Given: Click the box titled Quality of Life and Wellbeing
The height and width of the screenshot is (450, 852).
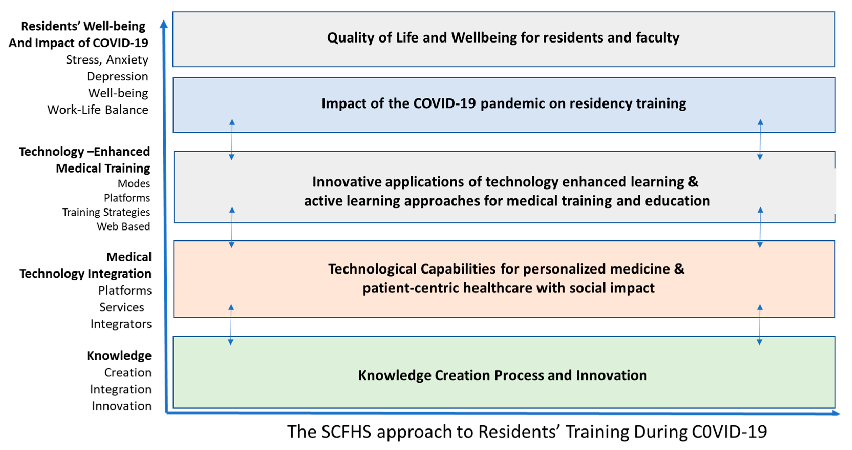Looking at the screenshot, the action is click(x=503, y=39).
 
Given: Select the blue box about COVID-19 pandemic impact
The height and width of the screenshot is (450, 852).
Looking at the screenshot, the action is click(x=504, y=105).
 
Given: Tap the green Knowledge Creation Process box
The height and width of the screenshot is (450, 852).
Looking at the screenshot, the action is click(x=504, y=372).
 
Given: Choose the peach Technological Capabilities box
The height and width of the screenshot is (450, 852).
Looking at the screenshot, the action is click(x=504, y=279).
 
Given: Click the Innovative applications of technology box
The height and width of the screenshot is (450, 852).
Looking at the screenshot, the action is click(x=504, y=187).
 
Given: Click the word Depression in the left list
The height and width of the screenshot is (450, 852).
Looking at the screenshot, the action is click(x=117, y=76).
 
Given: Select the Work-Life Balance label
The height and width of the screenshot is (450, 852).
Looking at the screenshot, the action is click(x=98, y=110).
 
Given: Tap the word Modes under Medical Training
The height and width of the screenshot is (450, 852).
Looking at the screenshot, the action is click(x=134, y=183).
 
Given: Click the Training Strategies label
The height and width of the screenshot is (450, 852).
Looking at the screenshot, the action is click(x=106, y=212).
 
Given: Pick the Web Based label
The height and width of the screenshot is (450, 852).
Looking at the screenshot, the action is click(x=123, y=226).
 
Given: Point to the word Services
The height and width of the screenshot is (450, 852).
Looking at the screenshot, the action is click(x=122, y=307).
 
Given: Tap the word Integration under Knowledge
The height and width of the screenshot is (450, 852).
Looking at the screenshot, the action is click(x=121, y=389).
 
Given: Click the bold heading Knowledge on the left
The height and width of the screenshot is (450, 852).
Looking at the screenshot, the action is click(x=119, y=356).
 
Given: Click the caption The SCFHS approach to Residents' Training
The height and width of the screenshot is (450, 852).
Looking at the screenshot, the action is click(x=527, y=432).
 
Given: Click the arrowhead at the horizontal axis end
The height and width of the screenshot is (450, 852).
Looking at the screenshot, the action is click(x=836, y=413).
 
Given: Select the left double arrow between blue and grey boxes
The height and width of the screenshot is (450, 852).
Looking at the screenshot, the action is click(x=232, y=140).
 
